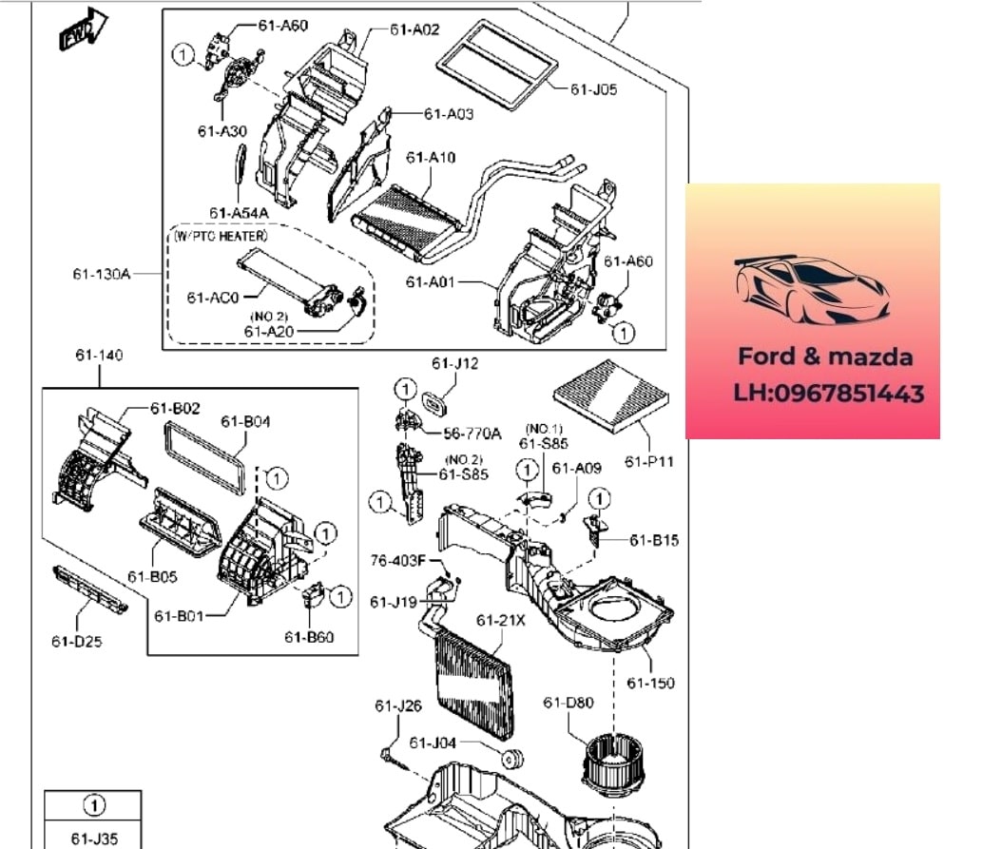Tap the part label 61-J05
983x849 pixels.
(593, 89)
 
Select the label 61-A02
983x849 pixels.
(414, 30)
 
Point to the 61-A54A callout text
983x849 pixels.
(239, 212)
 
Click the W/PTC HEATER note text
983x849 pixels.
(221, 235)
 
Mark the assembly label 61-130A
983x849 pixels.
(101, 275)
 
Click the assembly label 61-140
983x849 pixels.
(100, 356)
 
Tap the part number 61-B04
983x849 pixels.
(246, 421)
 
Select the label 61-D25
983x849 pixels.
(77, 641)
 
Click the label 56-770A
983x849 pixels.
(473, 434)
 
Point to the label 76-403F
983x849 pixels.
(397, 560)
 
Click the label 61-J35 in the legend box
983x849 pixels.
(92, 839)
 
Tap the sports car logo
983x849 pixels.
(812, 289)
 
